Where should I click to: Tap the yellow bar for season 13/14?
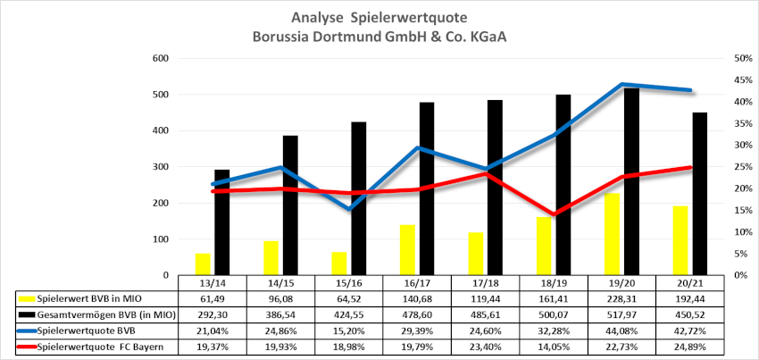pos(203,264)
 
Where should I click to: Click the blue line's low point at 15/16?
pos(349,209)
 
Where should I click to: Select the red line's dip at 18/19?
pos(554,214)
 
